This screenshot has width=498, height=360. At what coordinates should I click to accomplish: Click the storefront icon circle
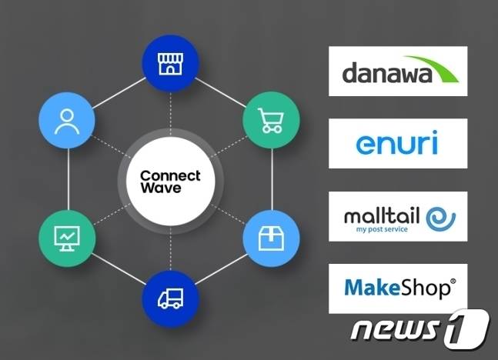point(170,64)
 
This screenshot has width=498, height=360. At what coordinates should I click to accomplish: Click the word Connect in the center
point(170,175)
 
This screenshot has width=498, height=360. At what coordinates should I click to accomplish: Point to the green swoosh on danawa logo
point(434,67)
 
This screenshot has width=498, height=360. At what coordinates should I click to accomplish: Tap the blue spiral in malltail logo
point(441,218)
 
